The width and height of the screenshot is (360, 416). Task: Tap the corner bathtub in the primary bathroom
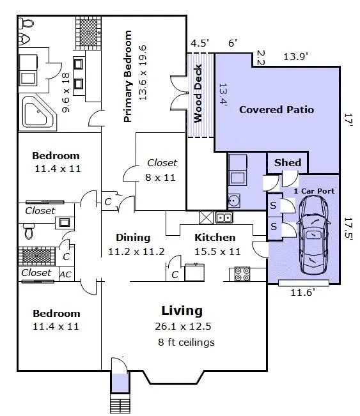pos(39,112)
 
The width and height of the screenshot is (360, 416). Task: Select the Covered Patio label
pos(276,109)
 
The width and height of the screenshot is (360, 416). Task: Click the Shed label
pos(288,162)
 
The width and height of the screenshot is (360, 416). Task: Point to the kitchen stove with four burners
pos(242,273)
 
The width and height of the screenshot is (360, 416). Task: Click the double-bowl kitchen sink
pos(224,217)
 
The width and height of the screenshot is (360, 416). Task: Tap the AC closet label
pos(65,274)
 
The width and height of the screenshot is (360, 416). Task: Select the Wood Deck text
pos(198,93)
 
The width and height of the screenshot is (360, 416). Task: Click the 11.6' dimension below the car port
pos(302,293)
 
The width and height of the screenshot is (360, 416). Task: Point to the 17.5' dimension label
pos(348,229)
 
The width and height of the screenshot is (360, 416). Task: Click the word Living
pos(182,311)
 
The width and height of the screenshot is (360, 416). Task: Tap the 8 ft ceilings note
pos(186,343)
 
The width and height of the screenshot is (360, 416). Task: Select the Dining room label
pos(133,238)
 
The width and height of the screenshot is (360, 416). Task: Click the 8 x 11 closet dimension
pos(160,177)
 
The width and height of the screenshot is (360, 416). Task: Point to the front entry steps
pos(121,403)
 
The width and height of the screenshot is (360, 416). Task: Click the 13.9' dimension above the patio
pos(296,56)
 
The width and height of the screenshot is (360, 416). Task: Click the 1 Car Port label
pos(314,191)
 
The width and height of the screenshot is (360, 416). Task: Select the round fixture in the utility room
pos(234,201)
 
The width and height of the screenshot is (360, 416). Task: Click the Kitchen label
pos(215,238)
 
